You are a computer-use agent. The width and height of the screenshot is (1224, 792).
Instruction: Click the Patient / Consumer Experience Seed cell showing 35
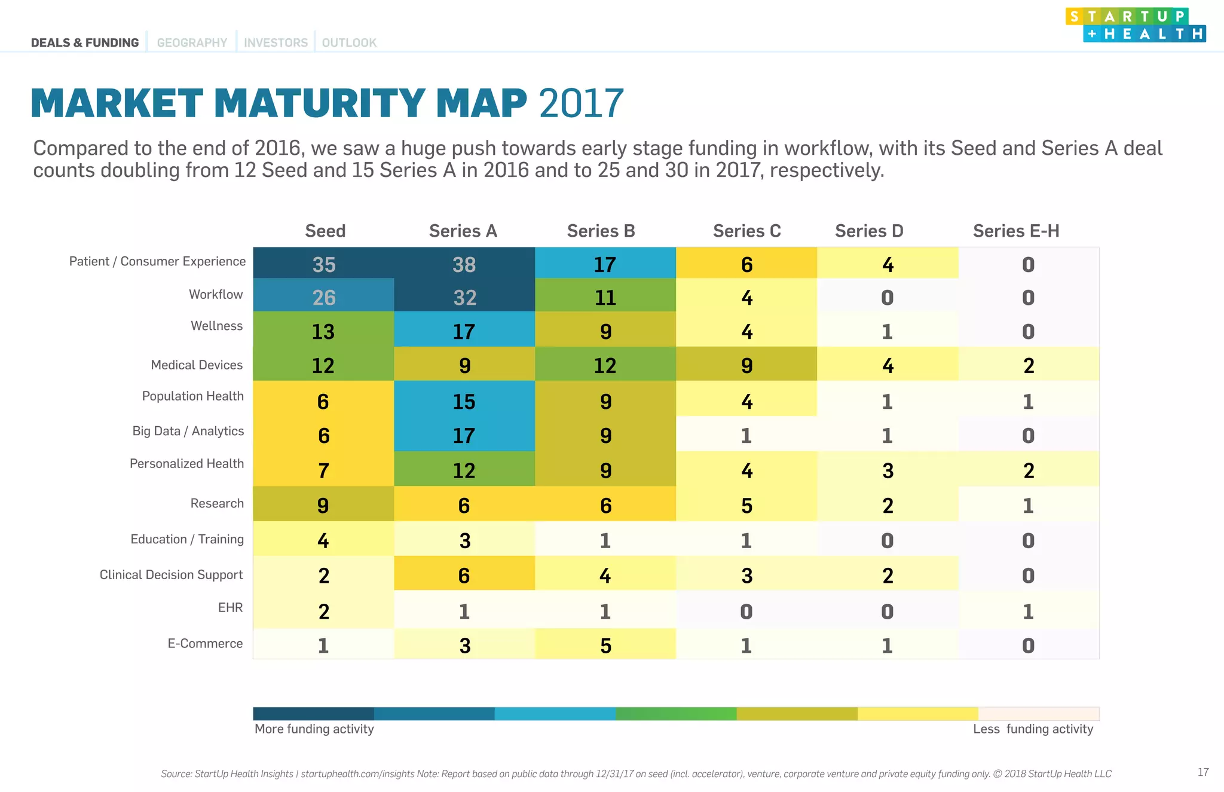[323, 264]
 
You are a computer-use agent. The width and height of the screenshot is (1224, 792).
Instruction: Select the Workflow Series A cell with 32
[464, 296]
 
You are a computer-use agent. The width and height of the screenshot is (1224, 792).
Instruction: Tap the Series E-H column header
[1015, 231]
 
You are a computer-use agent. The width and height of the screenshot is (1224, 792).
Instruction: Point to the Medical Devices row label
[197, 365]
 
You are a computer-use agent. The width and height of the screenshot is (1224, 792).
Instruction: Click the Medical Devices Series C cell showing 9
[746, 365]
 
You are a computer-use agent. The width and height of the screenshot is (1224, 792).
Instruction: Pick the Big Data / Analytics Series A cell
[464, 435]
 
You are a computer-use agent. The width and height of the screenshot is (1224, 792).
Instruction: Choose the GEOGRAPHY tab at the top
[192, 42]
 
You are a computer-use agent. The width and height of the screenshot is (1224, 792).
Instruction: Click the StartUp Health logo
[1135, 25]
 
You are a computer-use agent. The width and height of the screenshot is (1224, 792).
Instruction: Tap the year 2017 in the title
[581, 103]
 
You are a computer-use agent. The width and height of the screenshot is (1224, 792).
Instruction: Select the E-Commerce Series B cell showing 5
[605, 644]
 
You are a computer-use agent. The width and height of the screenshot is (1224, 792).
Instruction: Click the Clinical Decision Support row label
[171, 574]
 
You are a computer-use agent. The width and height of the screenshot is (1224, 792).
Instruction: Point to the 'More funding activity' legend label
[314, 729]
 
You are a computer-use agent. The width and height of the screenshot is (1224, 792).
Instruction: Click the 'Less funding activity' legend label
[1033, 729]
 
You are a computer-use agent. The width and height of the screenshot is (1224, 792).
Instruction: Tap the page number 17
[1203, 772]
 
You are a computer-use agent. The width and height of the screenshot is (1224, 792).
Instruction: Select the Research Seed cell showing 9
[323, 504]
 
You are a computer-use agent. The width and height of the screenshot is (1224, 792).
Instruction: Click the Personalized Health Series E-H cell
[1029, 470]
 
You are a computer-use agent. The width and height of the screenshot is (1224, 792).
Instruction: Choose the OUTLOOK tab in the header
[349, 42]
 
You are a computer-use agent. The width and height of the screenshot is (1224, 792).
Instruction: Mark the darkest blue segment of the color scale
[313, 713]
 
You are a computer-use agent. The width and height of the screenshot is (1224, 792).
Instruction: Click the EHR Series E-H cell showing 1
[1029, 610]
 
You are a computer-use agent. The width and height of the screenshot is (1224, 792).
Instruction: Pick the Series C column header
[746, 231]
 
